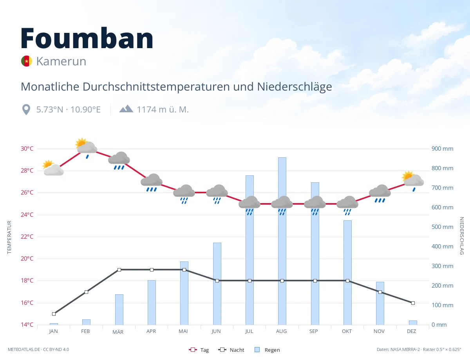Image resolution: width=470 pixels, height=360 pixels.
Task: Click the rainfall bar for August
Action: pyautogui.click(x=282, y=241)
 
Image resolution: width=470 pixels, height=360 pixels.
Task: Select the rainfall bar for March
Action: pyautogui.click(x=119, y=310)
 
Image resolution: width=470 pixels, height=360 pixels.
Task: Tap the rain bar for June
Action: pyautogui.click(x=217, y=284)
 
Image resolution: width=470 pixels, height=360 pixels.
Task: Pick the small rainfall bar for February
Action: pyautogui.click(x=86, y=322)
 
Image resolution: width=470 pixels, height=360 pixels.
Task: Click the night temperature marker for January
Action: pyautogui.click(x=54, y=314)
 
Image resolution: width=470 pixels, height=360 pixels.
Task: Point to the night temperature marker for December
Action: pyautogui.click(x=413, y=303)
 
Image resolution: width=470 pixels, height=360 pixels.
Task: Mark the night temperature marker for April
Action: pyautogui.click(x=152, y=270)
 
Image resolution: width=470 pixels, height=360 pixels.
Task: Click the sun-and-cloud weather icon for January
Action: pyautogui.click(x=53, y=168)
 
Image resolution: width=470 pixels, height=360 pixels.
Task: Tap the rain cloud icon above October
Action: pyautogui.click(x=347, y=205)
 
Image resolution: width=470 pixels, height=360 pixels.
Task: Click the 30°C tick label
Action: pyautogui.click(x=27, y=149)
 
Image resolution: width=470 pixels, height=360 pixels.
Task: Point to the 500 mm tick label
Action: pyautogui.click(x=442, y=227)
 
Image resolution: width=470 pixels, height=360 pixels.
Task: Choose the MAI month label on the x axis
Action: pyautogui.click(x=183, y=331)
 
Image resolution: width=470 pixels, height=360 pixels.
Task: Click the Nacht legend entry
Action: pyautogui.click(x=231, y=350)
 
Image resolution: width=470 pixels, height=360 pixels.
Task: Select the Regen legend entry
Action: pyautogui.click(x=268, y=350)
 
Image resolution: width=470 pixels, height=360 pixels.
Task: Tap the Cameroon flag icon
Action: pyautogui.click(x=27, y=61)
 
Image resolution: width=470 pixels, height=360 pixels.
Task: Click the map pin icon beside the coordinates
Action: pyautogui.click(x=26, y=110)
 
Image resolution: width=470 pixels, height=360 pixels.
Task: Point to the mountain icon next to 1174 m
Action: pyautogui.click(x=127, y=109)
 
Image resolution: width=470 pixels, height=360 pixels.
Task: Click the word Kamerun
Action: pyautogui.click(x=61, y=61)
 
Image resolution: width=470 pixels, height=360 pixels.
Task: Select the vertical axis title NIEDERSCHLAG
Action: pyautogui.click(x=461, y=236)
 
